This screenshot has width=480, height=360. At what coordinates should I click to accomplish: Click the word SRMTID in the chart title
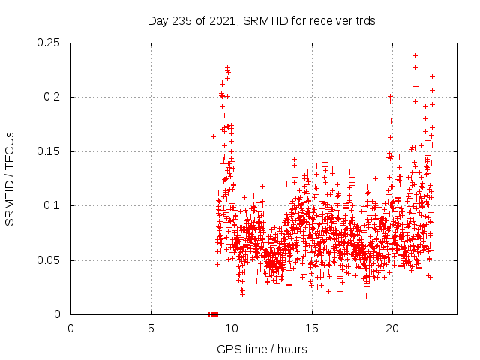268,21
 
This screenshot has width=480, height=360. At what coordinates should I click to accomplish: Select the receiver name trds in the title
364,21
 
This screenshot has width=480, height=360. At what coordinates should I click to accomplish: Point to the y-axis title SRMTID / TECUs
10,178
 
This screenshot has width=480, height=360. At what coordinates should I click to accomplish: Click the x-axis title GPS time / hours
262,349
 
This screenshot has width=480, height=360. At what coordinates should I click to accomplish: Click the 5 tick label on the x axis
151,328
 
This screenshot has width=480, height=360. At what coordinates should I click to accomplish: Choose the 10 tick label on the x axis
232,328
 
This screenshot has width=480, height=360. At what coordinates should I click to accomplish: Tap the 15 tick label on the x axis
312,328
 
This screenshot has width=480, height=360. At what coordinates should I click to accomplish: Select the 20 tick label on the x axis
392,328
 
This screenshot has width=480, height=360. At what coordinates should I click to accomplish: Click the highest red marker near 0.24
415,55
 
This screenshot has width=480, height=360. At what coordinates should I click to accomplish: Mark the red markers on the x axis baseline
213,314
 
